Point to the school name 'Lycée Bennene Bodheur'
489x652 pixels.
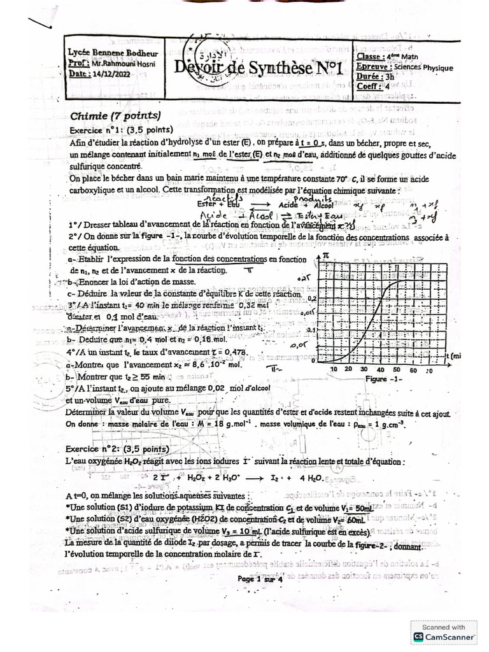[113, 54]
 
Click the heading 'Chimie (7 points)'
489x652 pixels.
[115, 116]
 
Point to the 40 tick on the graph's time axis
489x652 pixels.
[380, 370]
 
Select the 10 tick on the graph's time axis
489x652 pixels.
[334, 370]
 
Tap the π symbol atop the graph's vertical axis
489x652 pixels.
[325, 255]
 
